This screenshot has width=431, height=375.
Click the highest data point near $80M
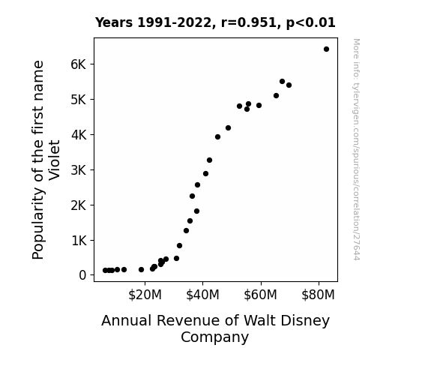tap(326, 49)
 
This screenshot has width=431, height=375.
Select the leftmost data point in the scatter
tap(105, 271)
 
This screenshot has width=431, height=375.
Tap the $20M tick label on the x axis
tap(145, 295)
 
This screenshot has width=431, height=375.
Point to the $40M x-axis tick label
tap(202, 295)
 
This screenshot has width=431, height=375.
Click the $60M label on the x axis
tap(260, 295)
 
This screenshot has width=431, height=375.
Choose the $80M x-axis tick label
tap(318, 295)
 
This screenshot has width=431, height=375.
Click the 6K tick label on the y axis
tap(79, 64)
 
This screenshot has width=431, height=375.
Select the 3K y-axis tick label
tap(79, 170)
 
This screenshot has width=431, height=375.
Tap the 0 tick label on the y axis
tap(82, 275)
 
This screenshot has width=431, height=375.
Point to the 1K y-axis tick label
tap(79, 241)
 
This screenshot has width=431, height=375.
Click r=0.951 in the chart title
tap(249, 22)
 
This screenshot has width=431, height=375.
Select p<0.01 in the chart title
tap(310, 23)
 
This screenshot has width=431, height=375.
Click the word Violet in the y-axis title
tap(55, 160)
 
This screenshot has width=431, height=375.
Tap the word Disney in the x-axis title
tap(310, 321)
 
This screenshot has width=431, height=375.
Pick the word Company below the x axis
tap(214, 337)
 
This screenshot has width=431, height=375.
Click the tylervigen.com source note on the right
tap(356, 149)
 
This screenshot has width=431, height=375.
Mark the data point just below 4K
tap(217, 137)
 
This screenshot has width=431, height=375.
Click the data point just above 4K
tap(228, 128)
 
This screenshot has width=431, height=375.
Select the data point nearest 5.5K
tap(282, 82)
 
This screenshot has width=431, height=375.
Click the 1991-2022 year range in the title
tap(174, 22)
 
